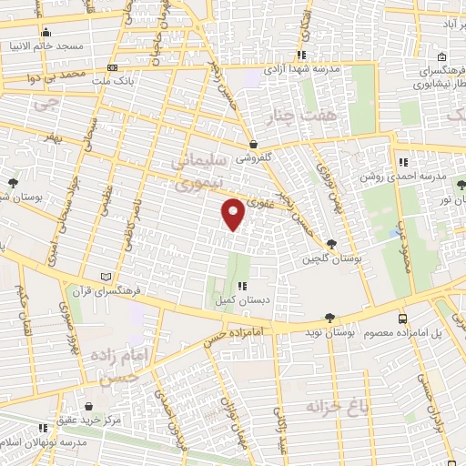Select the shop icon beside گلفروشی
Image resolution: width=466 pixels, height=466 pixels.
point(254,145)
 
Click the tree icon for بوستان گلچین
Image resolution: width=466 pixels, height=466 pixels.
point(330,244)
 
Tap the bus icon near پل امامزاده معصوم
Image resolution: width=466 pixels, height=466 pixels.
point(401,319)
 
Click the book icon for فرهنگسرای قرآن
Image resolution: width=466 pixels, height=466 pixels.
point(106,276)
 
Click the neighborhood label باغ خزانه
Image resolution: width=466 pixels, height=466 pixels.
point(337,404)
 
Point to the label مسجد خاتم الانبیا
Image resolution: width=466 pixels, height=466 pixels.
point(46,45)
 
